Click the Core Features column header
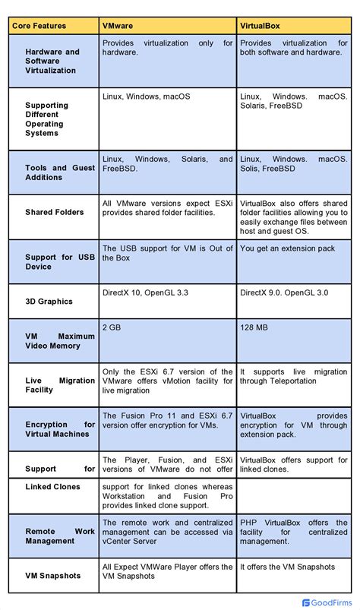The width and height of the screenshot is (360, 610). point(39,26)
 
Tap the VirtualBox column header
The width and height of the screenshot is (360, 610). point(260,26)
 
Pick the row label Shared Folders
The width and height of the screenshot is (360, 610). point(54,212)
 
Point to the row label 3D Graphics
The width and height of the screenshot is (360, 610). point(49,302)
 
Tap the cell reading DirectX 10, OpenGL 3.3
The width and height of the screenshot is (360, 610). point(146,291)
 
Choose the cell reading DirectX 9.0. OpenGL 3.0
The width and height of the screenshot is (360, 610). point(284,291)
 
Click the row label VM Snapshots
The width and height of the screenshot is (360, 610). point(52,576)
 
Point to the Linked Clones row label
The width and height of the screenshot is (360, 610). point(52,487)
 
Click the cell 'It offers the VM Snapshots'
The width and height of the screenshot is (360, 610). point(286,567)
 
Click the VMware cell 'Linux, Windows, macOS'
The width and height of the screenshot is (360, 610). point(146,96)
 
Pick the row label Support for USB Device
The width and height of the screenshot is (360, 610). point(60,262)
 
